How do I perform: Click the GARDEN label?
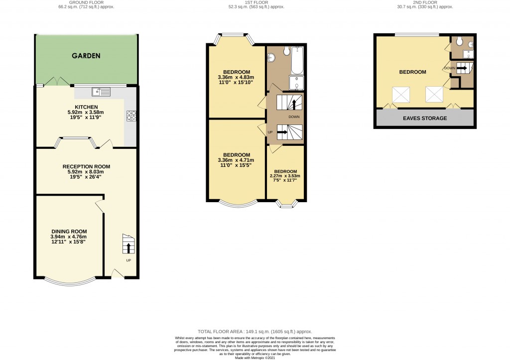[x=86, y=56]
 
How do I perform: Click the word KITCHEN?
[x=86, y=107]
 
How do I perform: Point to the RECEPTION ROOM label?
[x=86, y=166]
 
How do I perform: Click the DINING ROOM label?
[x=69, y=231]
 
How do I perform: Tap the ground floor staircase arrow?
[x=129, y=247]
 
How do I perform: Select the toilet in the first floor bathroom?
[x=287, y=51]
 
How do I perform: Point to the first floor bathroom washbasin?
[x=271, y=58]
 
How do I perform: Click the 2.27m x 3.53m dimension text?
[x=285, y=176]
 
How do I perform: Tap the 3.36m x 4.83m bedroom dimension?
[x=236, y=77]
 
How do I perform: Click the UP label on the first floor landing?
[x=270, y=132]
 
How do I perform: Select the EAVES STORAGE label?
[x=425, y=118]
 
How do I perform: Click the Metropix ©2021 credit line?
[x=255, y=357]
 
